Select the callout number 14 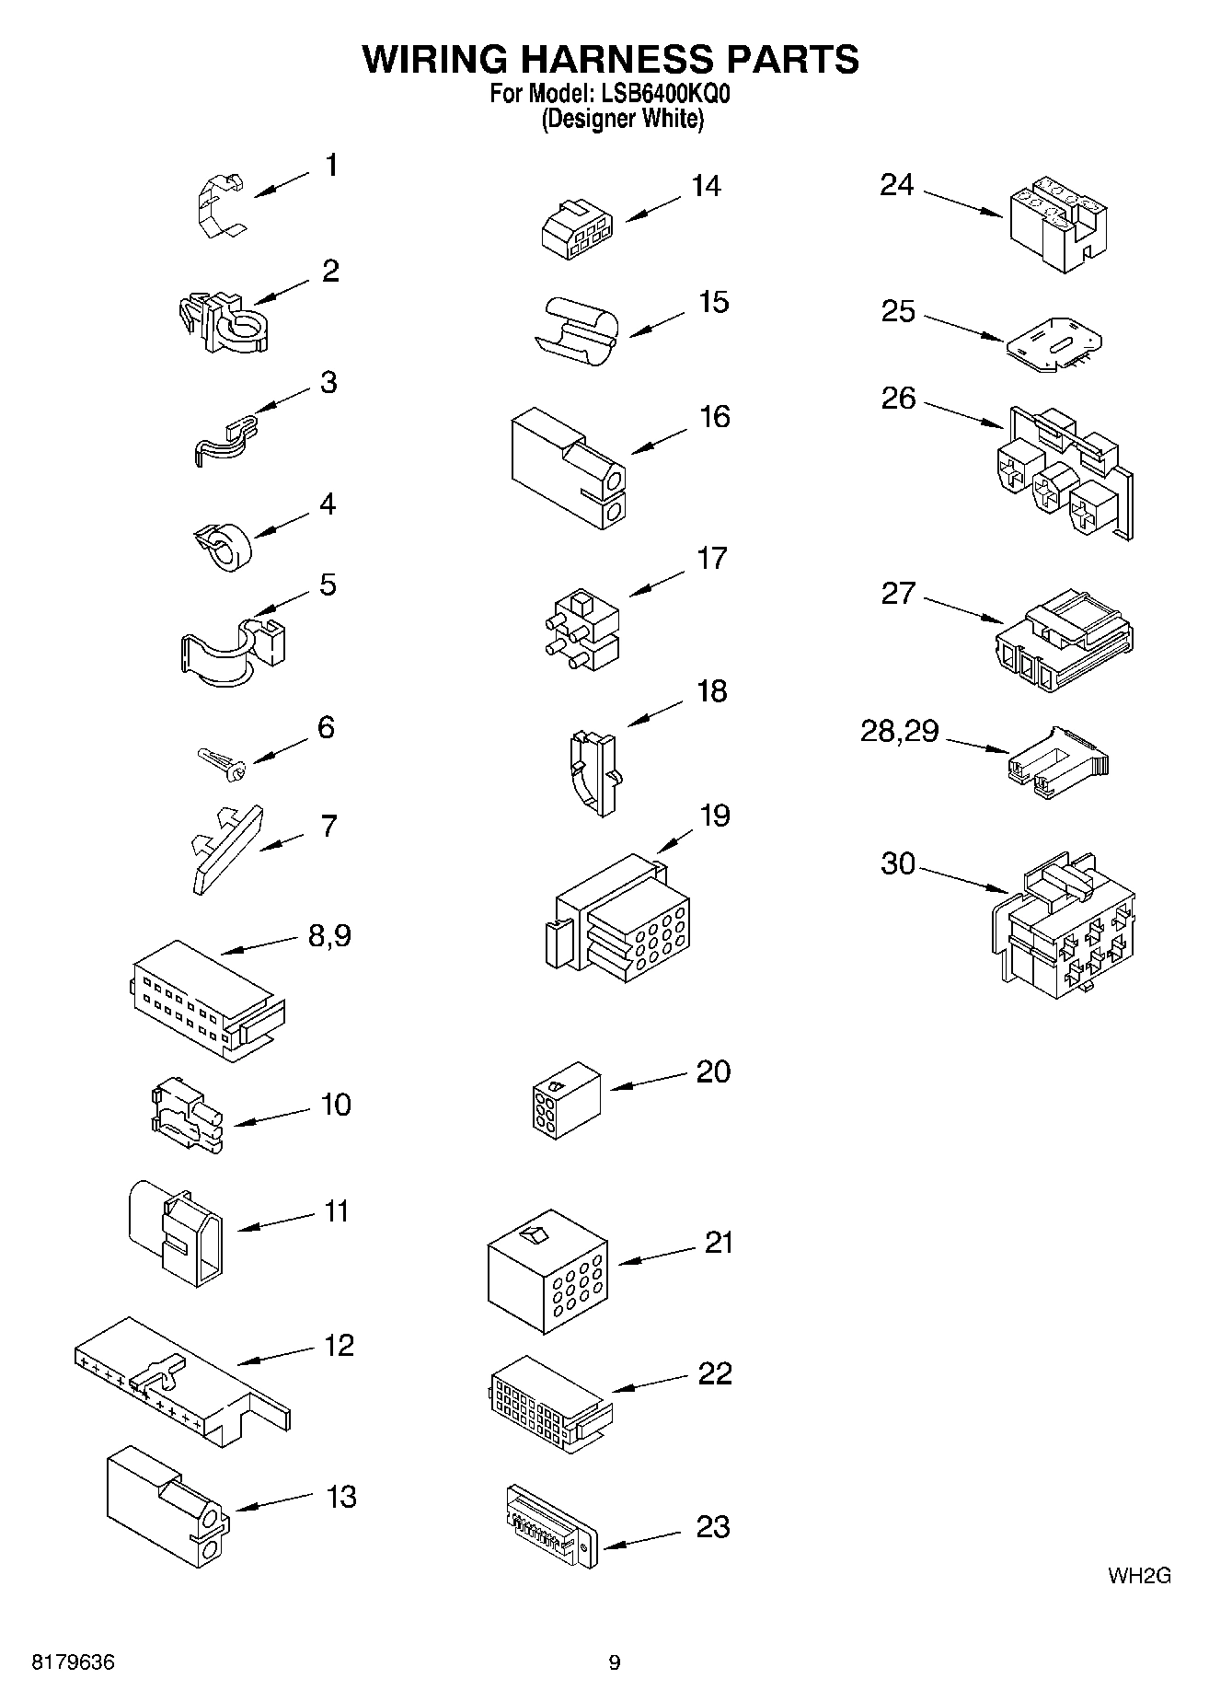(x=706, y=186)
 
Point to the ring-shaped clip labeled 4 (x=225, y=545)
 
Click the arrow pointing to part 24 (x=962, y=204)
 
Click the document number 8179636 (x=74, y=1662)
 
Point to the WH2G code (x=1139, y=1576)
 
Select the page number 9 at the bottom (x=615, y=1662)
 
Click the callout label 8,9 (x=329, y=936)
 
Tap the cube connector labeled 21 (x=547, y=1270)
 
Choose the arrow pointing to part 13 (x=275, y=1504)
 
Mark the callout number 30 (x=898, y=863)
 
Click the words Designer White (x=622, y=120)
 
